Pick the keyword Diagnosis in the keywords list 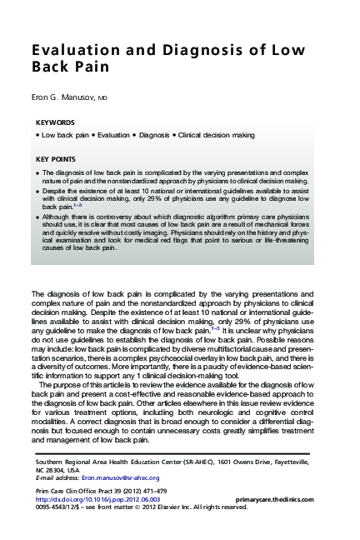pos(153,135)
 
